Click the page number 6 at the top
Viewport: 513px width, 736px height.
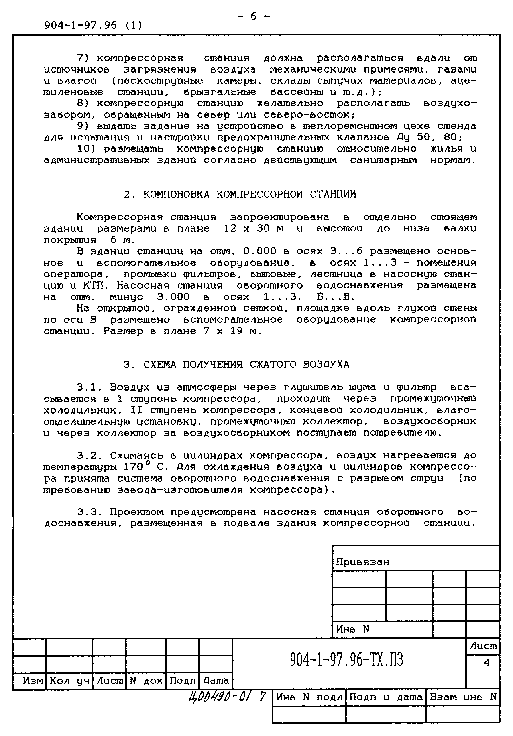pyautogui.click(x=253, y=16)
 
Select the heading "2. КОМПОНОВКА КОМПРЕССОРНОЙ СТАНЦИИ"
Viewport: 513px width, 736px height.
pyautogui.click(x=240, y=194)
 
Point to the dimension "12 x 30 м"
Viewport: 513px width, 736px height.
pyautogui.click(x=253, y=229)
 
